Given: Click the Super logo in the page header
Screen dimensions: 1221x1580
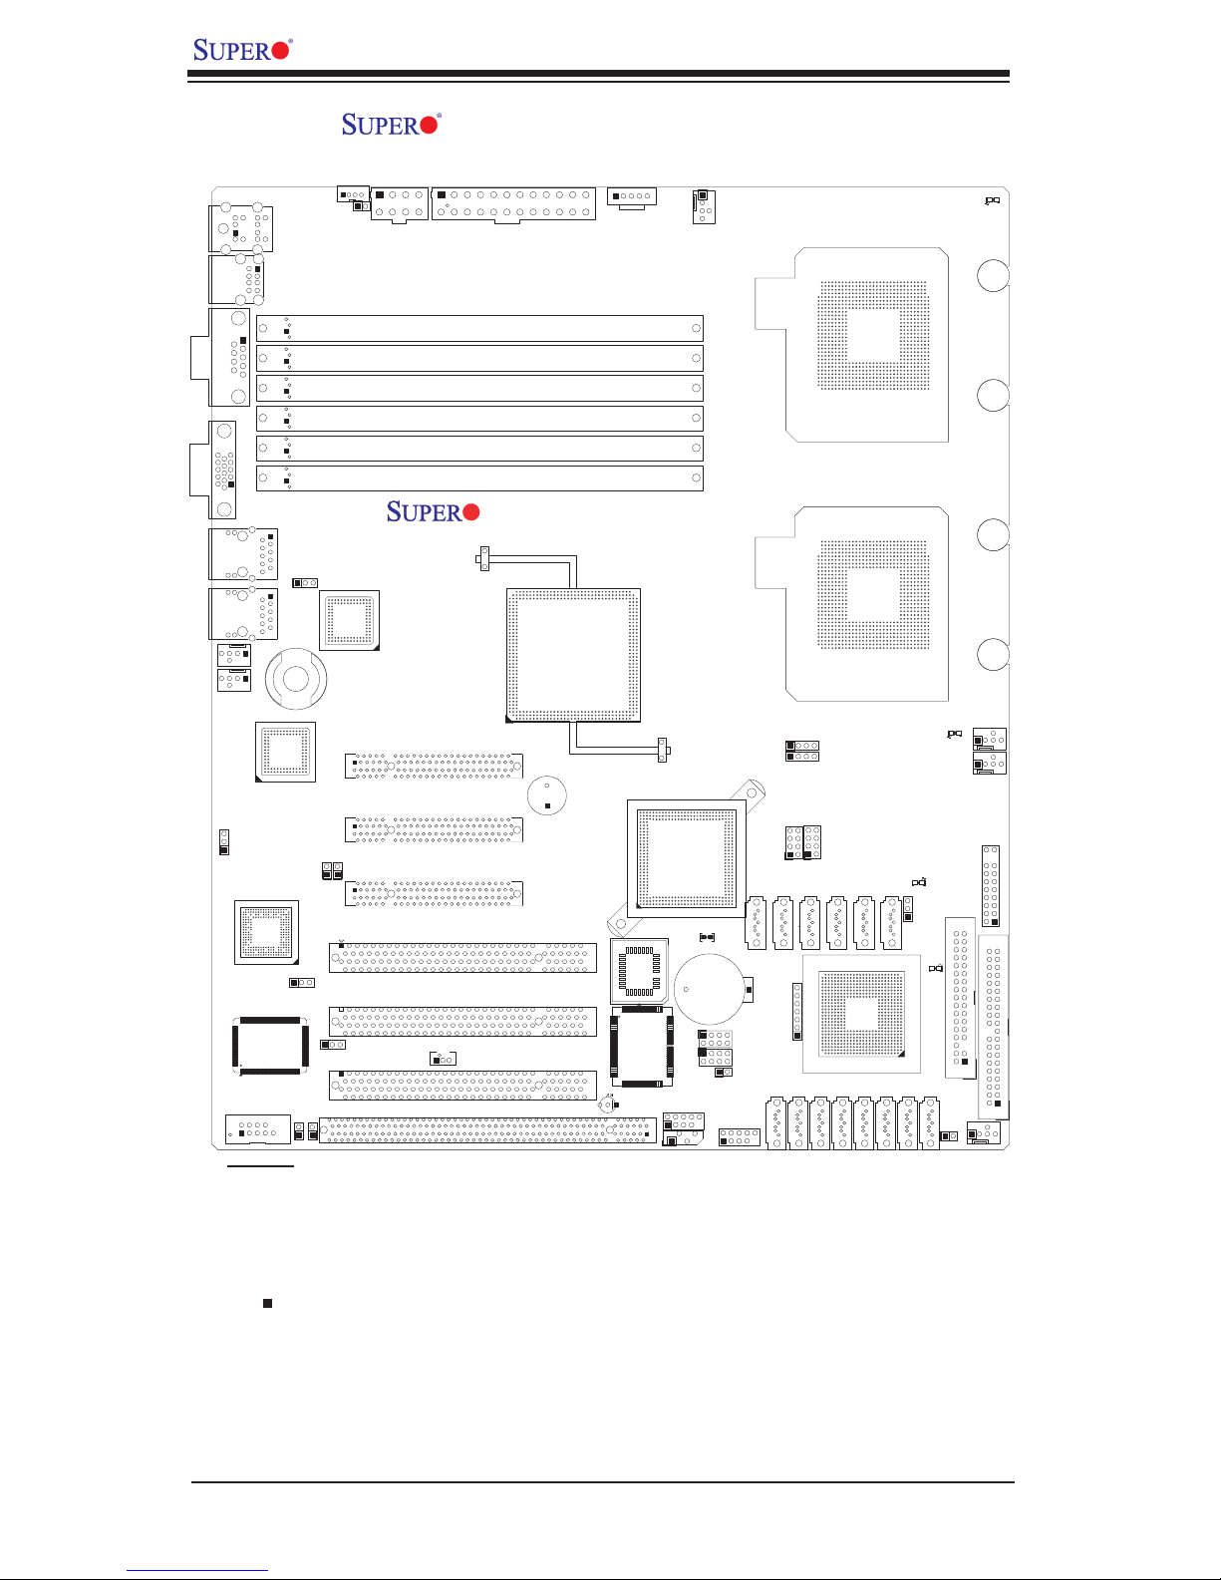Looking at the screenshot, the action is [241, 49].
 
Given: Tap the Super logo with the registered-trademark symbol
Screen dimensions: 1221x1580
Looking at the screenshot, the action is [390, 125].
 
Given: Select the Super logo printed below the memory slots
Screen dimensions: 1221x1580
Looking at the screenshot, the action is [433, 512].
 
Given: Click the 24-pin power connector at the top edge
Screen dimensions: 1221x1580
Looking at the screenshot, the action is [513, 203].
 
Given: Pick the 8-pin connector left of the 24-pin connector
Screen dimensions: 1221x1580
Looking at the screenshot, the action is [399, 203].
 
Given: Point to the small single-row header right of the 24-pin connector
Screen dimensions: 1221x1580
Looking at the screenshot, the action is [632, 196].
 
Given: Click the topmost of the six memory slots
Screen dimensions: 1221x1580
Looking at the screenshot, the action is [479, 328].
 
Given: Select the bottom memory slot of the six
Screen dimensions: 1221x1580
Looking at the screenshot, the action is [479, 478].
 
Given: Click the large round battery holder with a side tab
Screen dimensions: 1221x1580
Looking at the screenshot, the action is [712, 989].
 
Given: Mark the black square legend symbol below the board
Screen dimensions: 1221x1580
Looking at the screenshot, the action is [267, 1303].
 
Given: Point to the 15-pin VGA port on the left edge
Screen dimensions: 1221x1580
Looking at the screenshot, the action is [222, 470].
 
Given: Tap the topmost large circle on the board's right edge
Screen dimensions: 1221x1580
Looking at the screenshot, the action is [993, 276].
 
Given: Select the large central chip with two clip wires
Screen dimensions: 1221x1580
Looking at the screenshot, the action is [573, 654].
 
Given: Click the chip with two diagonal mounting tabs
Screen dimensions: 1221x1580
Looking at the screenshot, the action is [686, 855].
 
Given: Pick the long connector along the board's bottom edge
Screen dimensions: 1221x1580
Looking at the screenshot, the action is [487, 1131].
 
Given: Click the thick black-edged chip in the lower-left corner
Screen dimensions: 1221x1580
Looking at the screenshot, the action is [270, 1046].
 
